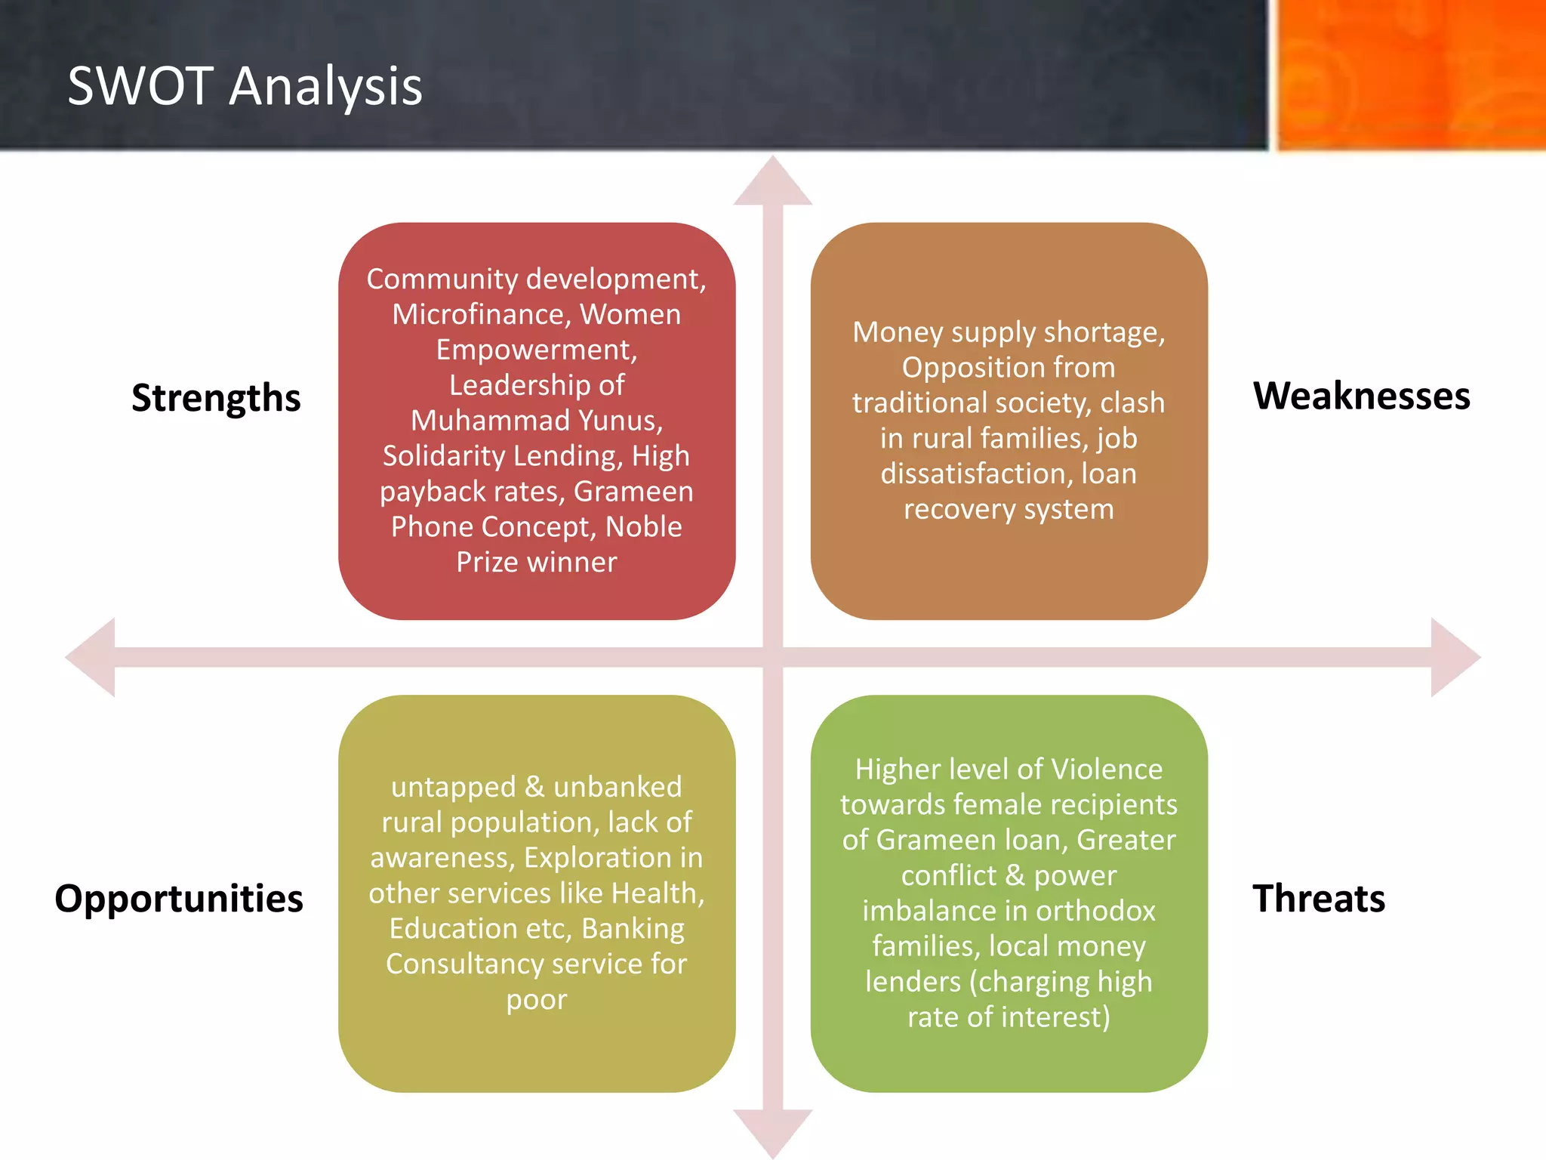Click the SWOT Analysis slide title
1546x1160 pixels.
[245, 86]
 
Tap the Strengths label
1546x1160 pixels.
[216, 398]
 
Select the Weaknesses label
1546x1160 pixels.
[1361, 396]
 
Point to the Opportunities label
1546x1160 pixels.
[179, 899]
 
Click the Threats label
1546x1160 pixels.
[1318, 899]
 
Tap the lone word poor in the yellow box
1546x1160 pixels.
[536, 1000]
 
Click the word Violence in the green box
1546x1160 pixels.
[1107, 770]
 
